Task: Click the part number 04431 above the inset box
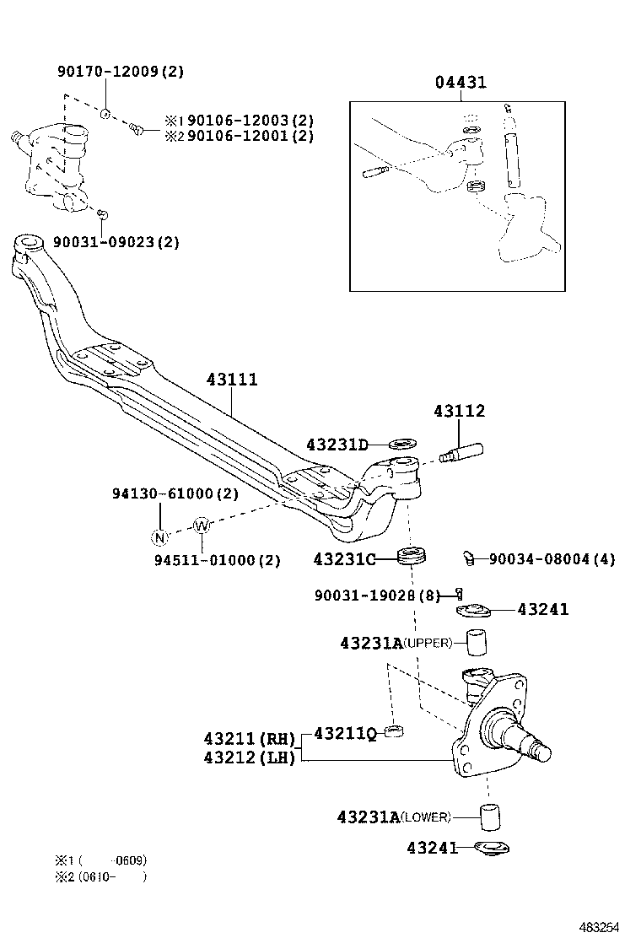coord(461,83)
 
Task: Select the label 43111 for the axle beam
coord(232,380)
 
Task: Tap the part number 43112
coord(460,412)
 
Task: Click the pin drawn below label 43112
coord(461,453)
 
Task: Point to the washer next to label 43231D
coord(403,443)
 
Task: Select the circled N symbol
coord(159,536)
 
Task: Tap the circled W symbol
coord(201,526)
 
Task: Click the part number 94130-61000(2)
coord(175,493)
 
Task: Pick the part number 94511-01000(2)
coord(217,560)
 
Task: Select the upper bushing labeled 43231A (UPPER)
coord(478,643)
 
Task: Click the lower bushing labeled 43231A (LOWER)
coord(490,817)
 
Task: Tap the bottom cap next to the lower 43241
coord(490,848)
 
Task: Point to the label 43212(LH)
coord(250,757)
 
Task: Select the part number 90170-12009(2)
coord(120,71)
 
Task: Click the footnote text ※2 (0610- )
coord(101,876)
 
